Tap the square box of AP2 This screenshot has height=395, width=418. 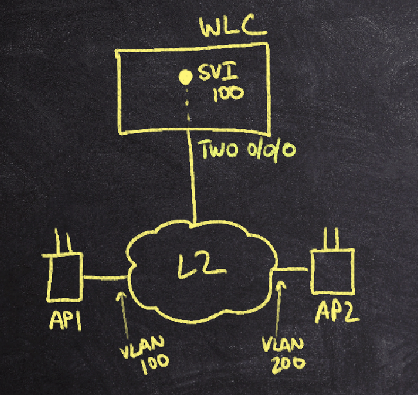click(x=332, y=270)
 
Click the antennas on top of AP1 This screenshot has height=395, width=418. click(x=64, y=243)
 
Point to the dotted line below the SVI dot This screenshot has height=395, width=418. click(x=187, y=105)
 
